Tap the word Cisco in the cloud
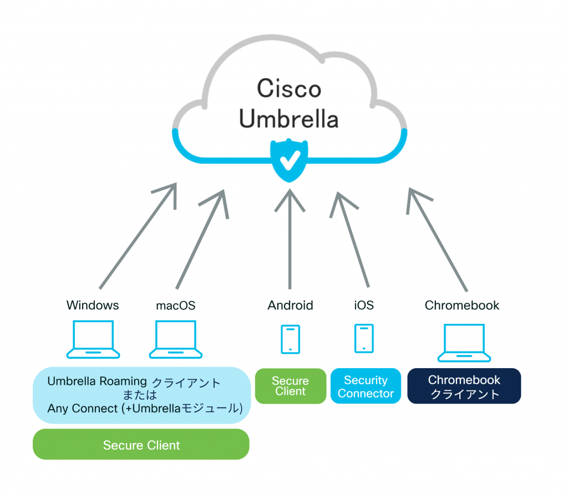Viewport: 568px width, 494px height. click(288, 89)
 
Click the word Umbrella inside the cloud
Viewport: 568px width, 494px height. click(288, 118)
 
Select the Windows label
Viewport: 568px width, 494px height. click(93, 305)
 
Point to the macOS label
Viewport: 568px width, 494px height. click(175, 305)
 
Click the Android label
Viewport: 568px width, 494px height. click(290, 305)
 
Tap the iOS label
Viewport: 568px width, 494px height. click(364, 305)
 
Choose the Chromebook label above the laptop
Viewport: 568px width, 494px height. click(462, 305)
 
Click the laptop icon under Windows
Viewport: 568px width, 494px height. click(93, 339)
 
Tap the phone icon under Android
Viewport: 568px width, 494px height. click(291, 339)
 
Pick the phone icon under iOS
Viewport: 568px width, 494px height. click(364, 338)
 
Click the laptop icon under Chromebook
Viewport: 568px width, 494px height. click(464, 342)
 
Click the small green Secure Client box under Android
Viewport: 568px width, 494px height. click(290, 386)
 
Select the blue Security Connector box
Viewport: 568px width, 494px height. click(366, 386)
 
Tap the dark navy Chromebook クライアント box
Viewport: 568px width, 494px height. click(464, 386)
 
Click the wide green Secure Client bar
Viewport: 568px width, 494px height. click(141, 445)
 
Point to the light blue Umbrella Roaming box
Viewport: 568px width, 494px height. click(141, 395)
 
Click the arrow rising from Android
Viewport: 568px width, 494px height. click(289, 238)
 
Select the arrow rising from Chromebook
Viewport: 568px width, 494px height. click(438, 238)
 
